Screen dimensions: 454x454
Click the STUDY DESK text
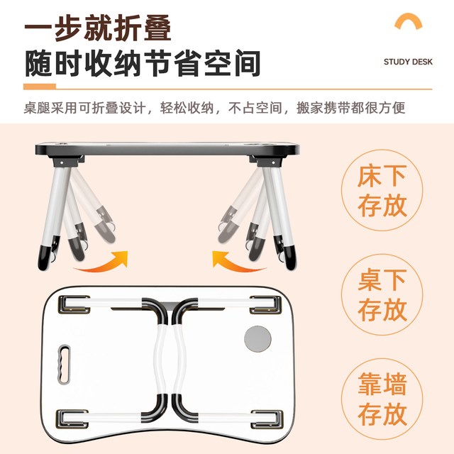pos(408,62)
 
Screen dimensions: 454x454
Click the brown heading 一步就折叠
pos(98,28)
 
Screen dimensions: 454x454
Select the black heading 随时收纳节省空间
pos(143,64)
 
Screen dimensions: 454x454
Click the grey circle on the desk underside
pos(258,338)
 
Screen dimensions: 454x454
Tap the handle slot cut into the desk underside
pos(64,364)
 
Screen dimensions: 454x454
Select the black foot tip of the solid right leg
pos(290,257)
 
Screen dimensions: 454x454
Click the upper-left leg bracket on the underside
pos(74,304)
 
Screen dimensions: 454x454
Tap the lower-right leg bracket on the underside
pos(267,419)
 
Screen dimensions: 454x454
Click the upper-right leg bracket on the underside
pos(266,304)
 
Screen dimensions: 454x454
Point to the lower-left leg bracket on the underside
pos(72,419)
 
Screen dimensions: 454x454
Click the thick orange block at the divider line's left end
pos(40,87)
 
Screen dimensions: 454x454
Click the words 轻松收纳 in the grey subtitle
pos(187,108)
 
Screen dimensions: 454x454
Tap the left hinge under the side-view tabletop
pos(66,161)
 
